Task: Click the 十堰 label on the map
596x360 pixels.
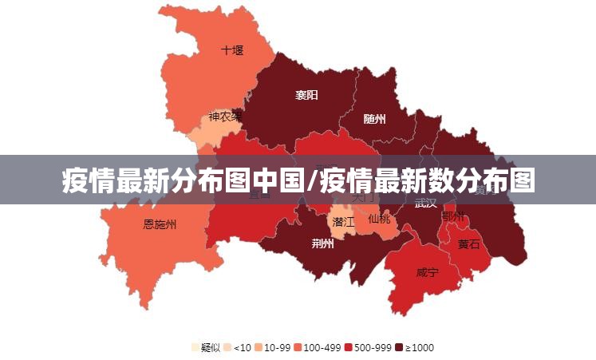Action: [232, 49]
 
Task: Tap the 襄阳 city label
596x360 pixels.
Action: [306, 95]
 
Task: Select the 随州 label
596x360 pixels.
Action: [374, 119]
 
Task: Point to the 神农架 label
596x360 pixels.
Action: [225, 117]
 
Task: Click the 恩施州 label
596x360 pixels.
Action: [160, 224]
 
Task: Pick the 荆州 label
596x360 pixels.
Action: [323, 243]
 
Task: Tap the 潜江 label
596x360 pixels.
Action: [344, 221]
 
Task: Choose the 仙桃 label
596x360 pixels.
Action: [380, 218]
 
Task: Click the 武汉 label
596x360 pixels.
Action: [426, 203]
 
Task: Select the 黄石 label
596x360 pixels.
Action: [469, 244]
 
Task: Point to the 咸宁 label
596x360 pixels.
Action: [427, 272]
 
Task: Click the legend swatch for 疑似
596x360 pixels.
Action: [195, 347]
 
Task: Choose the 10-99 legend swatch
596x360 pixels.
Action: [259, 347]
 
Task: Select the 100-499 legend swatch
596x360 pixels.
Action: [298, 347]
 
